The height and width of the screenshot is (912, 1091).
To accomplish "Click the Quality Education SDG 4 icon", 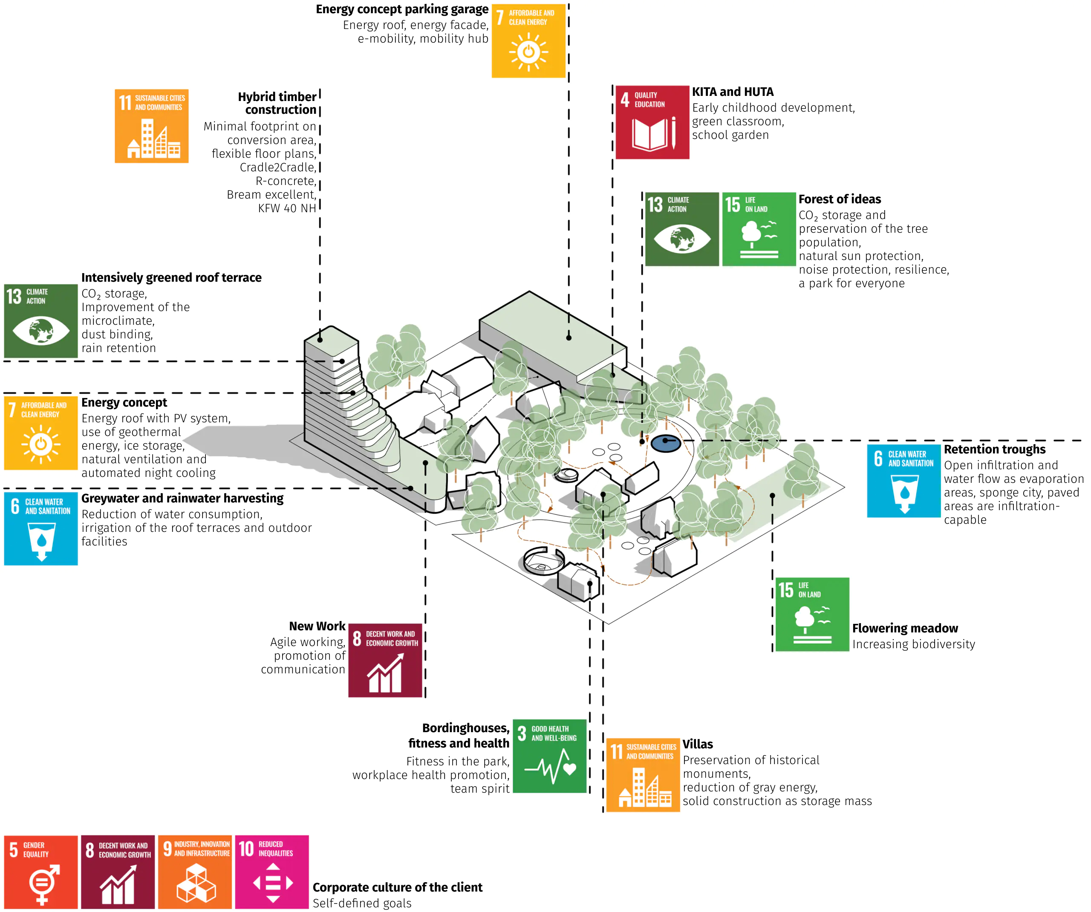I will point(652,123).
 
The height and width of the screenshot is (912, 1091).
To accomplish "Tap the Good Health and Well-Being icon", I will point(550,756).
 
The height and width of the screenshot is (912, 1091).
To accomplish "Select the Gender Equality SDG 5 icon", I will point(41,872).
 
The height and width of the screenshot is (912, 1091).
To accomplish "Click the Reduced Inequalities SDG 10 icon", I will point(272,872).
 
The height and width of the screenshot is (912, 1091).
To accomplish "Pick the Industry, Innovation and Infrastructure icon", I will point(195,872).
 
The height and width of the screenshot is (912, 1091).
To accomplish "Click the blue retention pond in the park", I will point(666,443).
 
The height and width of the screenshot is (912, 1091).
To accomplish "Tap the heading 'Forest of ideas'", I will point(840,199).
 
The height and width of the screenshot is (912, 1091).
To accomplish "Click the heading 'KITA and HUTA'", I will point(733,92).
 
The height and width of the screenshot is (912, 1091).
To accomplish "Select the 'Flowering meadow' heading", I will point(905,628).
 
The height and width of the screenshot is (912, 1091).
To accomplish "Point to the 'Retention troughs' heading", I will point(994,449).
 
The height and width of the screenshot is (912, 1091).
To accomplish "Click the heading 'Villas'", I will point(698,744).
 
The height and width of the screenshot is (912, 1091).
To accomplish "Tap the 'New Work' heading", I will point(317,626).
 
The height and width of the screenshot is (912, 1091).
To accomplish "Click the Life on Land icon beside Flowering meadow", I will point(812,614).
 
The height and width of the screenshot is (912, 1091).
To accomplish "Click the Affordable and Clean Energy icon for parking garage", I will point(528,41).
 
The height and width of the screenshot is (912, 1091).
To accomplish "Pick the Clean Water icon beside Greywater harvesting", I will point(41,528).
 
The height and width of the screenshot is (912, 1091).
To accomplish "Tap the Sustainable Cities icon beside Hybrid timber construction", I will point(152,126).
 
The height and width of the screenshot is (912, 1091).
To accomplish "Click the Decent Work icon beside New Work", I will point(385,661).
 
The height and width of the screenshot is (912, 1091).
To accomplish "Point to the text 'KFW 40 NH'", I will point(287,208).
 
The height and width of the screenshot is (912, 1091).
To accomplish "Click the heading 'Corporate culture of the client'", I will point(398,887).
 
